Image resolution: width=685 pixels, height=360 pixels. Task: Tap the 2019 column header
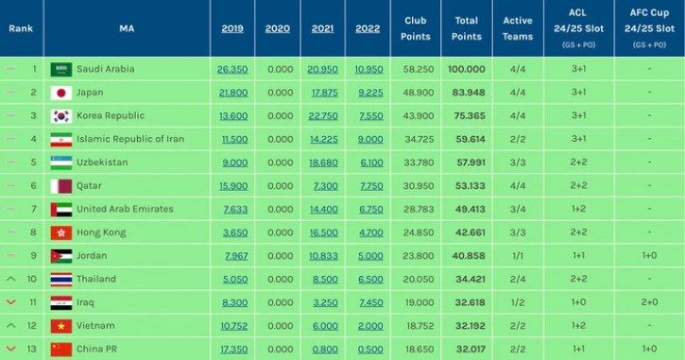click(x=231, y=28)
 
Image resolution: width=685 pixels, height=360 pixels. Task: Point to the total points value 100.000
click(x=467, y=69)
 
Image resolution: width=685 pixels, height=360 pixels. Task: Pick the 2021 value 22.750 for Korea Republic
click(x=322, y=115)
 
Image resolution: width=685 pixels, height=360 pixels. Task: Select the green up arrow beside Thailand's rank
click(x=11, y=279)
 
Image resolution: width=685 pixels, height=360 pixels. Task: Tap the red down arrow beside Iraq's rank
click(x=11, y=302)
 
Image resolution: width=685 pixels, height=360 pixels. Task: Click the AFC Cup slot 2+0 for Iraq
click(x=648, y=302)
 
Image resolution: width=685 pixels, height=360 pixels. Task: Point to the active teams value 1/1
click(x=518, y=255)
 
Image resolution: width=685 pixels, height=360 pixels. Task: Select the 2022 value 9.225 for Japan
click(x=368, y=93)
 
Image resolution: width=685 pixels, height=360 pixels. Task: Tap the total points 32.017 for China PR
click(x=467, y=349)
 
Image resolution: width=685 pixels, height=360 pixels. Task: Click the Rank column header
click(x=21, y=28)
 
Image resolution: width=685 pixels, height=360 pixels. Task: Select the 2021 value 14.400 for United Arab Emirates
click(x=322, y=209)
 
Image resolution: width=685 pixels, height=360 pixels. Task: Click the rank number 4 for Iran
click(x=34, y=139)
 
